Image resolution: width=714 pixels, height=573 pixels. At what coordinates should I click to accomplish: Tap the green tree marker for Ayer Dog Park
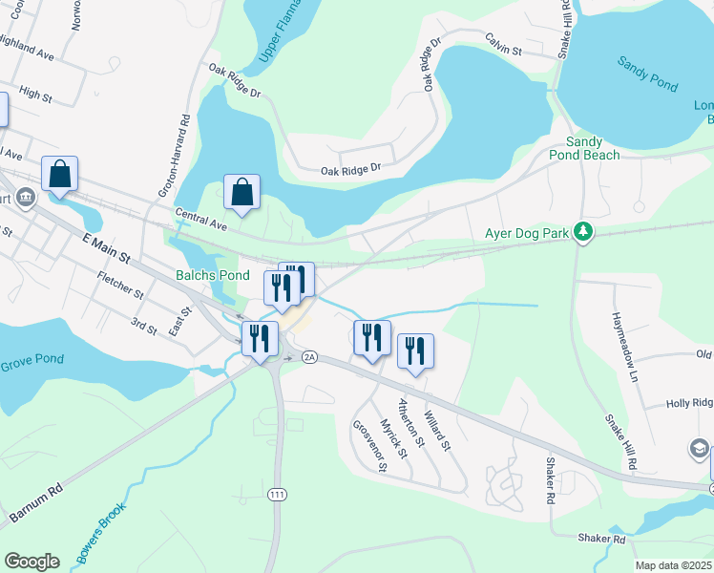click(x=578, y=232)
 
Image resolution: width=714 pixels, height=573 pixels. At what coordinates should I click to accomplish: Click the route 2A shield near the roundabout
click(x=308, y=356)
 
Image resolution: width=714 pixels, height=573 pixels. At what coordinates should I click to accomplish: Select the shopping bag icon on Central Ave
click(x=242, y=192)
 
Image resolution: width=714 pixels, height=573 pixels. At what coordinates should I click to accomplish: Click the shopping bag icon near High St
click(x=59, y=175)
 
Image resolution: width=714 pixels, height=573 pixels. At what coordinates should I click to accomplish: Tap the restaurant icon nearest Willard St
click(x=415, y=350)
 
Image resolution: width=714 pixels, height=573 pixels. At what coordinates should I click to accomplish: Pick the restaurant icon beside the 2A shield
click(x=372, y=338)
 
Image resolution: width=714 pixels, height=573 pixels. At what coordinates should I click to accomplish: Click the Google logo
click(x=31, y=562)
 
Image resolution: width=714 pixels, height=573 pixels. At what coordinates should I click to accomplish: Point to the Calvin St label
click(x=503, y=49)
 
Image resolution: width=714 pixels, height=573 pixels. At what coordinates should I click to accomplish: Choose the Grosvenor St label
click(x=369, y=446)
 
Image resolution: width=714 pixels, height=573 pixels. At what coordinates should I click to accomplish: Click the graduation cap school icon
click(x=699, y=448)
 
